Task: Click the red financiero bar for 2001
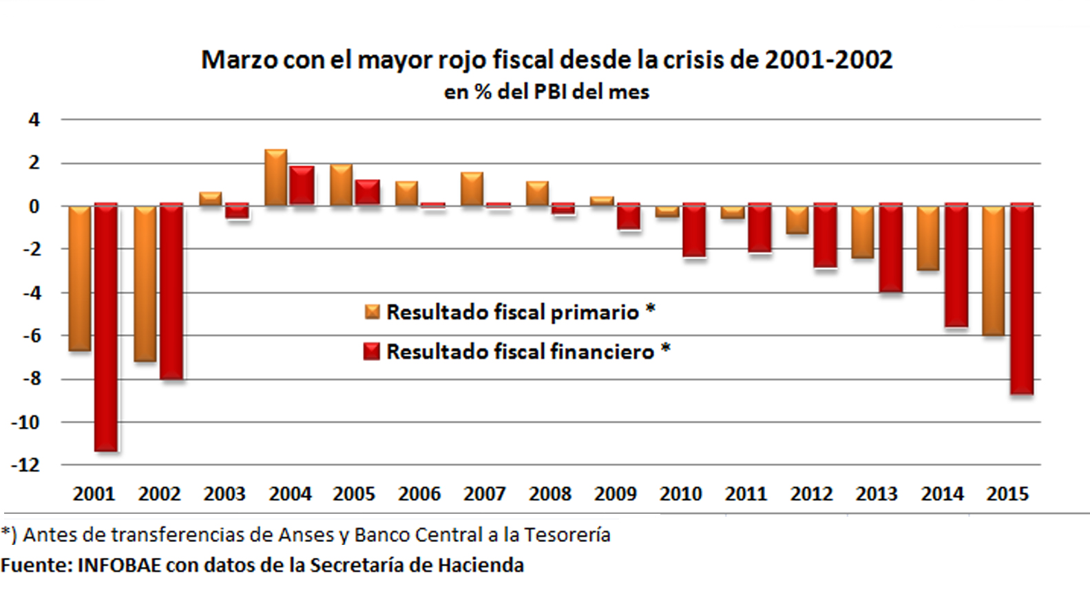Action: tap(106, 327)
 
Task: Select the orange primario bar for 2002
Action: tap(145, 283)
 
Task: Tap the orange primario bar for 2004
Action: tap(275, 178)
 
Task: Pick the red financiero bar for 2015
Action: tap(1022, 299)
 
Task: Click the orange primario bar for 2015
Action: tap(993, 271)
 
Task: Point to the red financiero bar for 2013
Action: tap(891, 248)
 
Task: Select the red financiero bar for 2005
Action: tap(368, 192)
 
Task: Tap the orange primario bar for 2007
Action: tap(472, 189)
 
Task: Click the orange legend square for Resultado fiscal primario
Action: tap(372, 312)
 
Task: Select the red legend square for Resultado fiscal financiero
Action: tap(372, 352)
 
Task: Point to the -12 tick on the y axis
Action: tap(25, 465)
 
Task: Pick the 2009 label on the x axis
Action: tap(615, 494)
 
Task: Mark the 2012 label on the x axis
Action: tap(811, 494)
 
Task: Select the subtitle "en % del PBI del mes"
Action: tap(546, 92)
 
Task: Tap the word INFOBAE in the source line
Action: tap(119, 565)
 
